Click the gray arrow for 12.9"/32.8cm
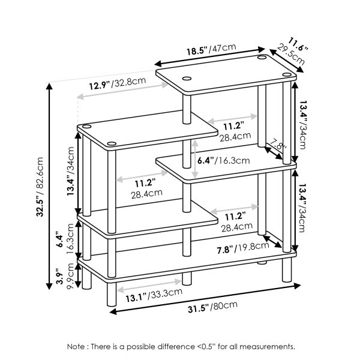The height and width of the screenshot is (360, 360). click(x=123, y=91)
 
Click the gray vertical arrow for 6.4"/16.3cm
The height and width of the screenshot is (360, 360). click(x=194, y=160)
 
